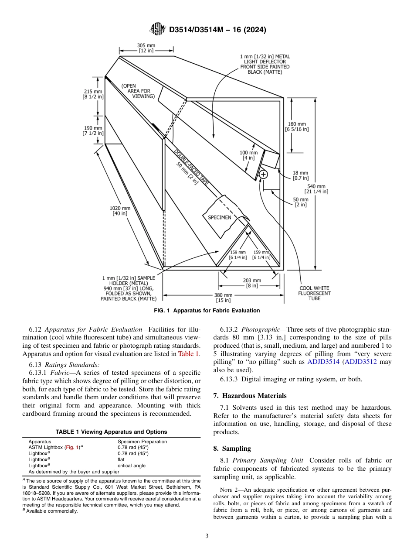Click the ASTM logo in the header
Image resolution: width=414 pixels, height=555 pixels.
pyautogui.click(x=157, y=29)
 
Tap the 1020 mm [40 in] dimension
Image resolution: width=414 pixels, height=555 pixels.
pyautogui.click(x=120, y=211)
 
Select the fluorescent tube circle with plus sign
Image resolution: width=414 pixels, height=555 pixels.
pyautogui.click(x=263, y=175)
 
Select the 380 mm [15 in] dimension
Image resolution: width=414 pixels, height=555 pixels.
pyautogui.click(x=223, y=298)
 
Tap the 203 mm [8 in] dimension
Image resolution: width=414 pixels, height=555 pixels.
pyautogui.click(x=252, y=283)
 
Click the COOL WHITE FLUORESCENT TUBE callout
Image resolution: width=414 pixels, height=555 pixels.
pyautogui.click(x=314, y=293)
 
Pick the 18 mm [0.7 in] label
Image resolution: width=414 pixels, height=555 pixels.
pyautogui.click(x=300, y=175)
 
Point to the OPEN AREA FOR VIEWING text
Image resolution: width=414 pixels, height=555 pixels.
pyautogui.click(x=138, y=91)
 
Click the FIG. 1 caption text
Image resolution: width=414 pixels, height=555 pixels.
pyautogui.click(x=207, y=311)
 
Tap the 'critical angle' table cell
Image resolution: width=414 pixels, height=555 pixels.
pyautogui.click(x=131, y=466)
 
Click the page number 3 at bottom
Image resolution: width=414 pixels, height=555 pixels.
pyautogui.click(x=207, y=536)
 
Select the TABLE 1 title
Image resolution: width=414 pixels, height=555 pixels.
pyautogui.click(x=111, y=432)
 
